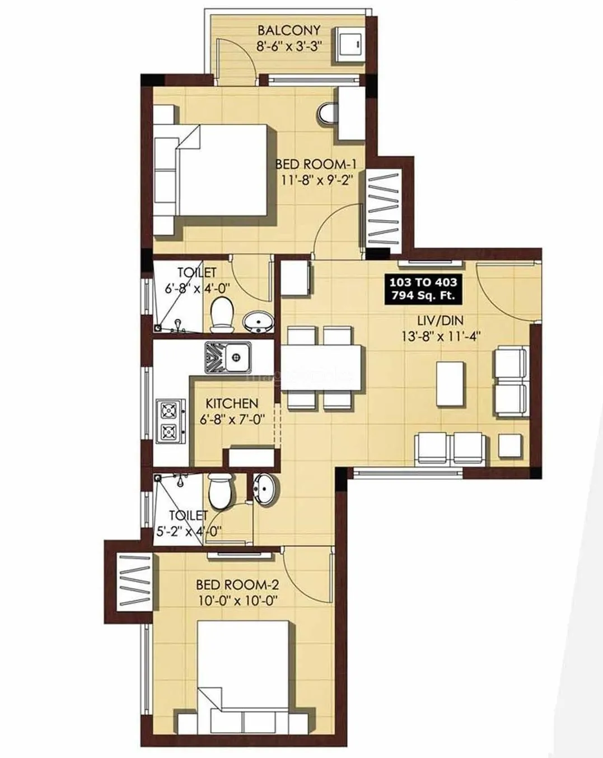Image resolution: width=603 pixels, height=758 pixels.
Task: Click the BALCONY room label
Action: [288, 30]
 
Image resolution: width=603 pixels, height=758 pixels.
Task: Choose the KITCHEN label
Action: [232, 403]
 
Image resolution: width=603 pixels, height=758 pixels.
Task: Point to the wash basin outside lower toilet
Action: [263, 487]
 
